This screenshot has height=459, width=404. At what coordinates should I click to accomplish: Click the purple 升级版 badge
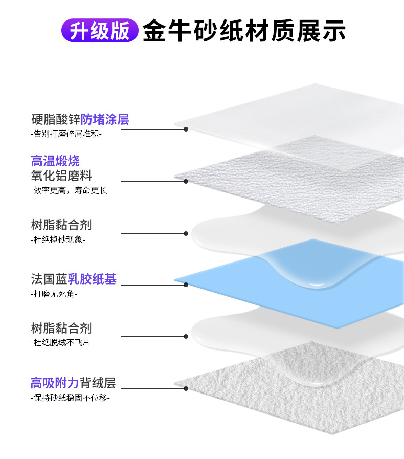click(99, 30)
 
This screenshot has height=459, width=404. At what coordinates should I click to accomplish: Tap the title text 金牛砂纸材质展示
click(244, 31)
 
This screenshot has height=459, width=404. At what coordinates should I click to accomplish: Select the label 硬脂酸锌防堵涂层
click(80, 120)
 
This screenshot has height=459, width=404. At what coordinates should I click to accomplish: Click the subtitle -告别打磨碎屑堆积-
click(66, 134)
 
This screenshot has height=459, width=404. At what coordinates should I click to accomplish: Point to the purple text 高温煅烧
click(55, 162)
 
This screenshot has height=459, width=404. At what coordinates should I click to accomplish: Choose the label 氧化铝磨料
click(61, 176)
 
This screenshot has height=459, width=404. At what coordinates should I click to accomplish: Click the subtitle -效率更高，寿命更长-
click(70, 190)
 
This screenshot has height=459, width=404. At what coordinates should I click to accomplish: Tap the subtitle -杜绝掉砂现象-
click(58, 239)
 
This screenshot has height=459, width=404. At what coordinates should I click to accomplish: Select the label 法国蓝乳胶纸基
click(74, 279)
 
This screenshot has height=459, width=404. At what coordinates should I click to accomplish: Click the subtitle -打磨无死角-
click(54, 294)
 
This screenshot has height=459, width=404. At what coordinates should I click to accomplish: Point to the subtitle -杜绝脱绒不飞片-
click(62, 342)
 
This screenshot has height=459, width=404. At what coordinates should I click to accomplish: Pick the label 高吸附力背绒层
click(73, 383)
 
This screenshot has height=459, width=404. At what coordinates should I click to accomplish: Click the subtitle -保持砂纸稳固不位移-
click(70, 398)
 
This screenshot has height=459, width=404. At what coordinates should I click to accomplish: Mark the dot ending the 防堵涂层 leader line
click(186, 129)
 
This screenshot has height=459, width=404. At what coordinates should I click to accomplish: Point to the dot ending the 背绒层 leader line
click(186, 388)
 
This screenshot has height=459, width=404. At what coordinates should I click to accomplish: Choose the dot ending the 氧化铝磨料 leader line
click(186, 181)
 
